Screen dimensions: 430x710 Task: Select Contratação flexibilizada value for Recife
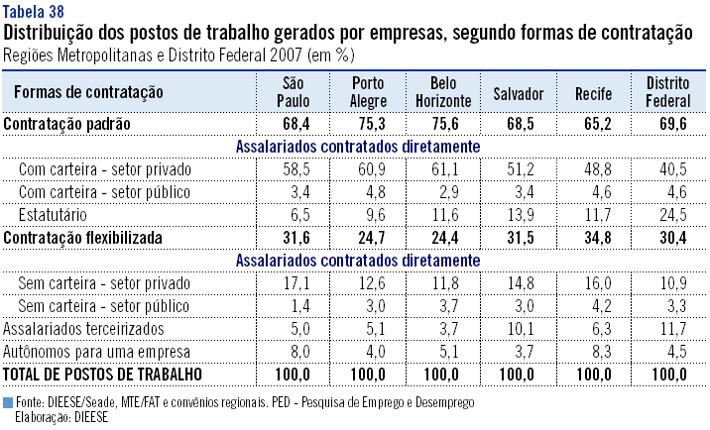click(593, 238)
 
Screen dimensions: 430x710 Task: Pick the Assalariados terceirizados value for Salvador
click(519, 328)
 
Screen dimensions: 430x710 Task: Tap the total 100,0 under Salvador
click(519, 374)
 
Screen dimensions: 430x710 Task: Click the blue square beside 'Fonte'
click(8, 403)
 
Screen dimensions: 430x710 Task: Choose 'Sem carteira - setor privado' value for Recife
click(593, 283)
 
